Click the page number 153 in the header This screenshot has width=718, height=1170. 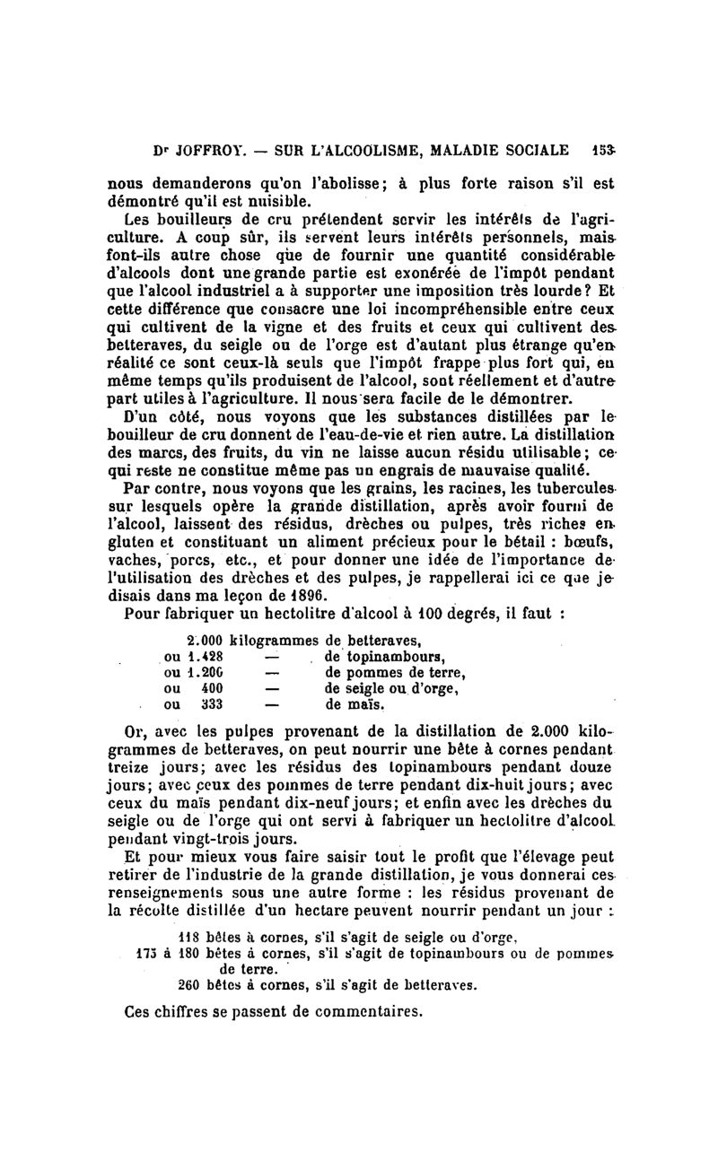602,149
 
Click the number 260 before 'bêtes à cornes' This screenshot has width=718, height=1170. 188,983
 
